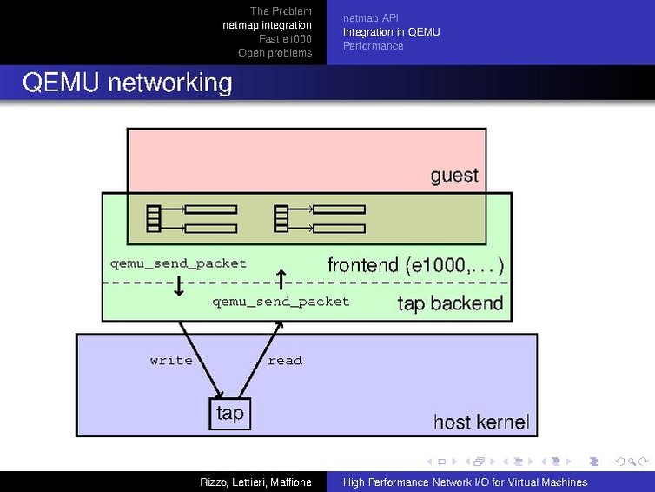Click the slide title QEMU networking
point(128,83)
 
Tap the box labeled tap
point(229,413)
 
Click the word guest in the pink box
point(454,176)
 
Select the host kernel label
point(480,422)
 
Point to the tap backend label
point(450,303)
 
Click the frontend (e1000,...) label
point(415,264)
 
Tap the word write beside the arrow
point(171,360)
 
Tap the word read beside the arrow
point(285,360)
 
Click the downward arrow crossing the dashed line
point(179,285)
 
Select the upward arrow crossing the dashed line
point(281,279)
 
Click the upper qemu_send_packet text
point(178,263)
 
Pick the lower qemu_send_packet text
point(281,302)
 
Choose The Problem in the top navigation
point(281,11)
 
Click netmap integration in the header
point(267,25)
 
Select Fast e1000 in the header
point(285,39)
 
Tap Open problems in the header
point(275,53)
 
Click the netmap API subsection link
point(370,18)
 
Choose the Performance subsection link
point(373,46)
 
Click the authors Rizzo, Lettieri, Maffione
point(255,482)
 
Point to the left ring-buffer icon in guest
point(192,218)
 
